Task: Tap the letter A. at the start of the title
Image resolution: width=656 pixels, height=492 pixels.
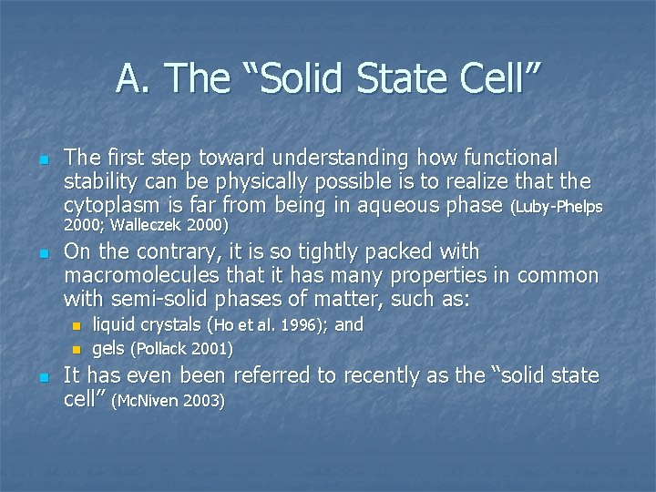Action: (131, 79)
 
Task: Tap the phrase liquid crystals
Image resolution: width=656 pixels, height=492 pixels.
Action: (149, 325)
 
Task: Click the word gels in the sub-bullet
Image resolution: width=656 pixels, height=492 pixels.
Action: (108, 348)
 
